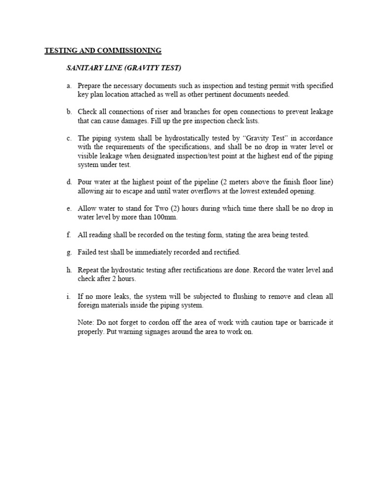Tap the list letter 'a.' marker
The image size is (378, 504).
pyautogui.click(x=70, y=86)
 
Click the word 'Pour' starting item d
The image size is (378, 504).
pyautogui.click(x=85, y=182)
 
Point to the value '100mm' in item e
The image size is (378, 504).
pyautogui.click(x=164, y=217)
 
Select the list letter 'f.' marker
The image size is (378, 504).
pyautogui.click(x=69, y=235)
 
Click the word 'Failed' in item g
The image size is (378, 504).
pyautogui.click(x=87, y=252)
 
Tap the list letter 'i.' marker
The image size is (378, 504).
pyautogui.click(x=69, y=297)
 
